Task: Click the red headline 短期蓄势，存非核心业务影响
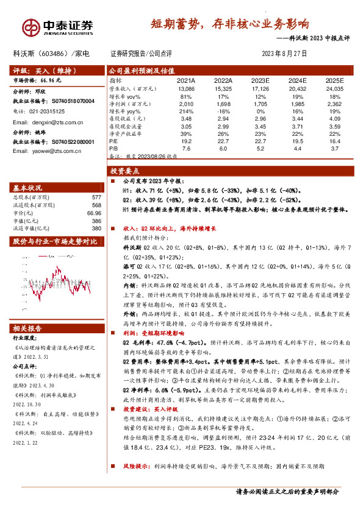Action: tap(230, 25)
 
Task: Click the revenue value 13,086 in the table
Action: tap(185, 88)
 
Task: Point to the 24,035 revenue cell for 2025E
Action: tap(334, 88)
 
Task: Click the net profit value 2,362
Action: tap(335, 104)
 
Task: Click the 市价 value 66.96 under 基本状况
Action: tap(93, 213)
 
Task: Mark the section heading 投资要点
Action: tap(126, 172)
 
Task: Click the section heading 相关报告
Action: tap(29, 328)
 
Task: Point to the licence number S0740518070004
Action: tap(73, 101)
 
